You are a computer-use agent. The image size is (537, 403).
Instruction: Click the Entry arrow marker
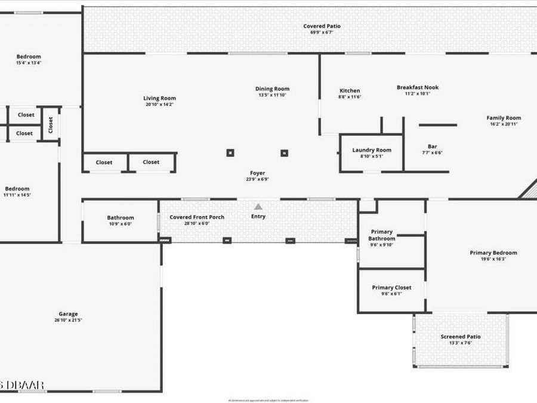coord(258,206)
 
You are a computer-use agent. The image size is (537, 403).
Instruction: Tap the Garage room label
coord(68,314)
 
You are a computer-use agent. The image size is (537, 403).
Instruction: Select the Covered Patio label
coord(322,26)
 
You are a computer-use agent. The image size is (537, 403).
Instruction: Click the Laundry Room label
coord(372,150)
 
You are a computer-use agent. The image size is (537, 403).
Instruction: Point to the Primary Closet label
coord(391,288)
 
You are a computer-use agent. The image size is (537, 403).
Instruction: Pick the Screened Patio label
coord(460,337)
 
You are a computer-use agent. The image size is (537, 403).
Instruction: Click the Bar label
coord(432,146)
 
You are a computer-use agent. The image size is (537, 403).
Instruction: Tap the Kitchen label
coord(350,91)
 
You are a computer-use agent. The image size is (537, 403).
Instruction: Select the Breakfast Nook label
coord(418,87)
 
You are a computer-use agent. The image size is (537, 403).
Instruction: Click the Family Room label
coord(504,118)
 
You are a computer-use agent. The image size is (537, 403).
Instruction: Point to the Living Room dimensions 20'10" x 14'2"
coord(159,104)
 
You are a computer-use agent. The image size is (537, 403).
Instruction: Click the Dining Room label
coord(272,89)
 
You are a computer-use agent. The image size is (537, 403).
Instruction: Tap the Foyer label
coord(258,173)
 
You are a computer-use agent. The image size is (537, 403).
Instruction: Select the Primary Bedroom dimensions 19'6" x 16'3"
coord(493,259)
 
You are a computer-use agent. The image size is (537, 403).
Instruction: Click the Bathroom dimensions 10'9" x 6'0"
coord(121,224)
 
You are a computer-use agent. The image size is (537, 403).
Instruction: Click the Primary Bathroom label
coord(382,235)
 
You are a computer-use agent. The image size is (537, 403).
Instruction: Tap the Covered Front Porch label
coord(197,217)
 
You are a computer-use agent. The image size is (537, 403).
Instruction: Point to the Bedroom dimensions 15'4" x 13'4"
coord(28,63)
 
